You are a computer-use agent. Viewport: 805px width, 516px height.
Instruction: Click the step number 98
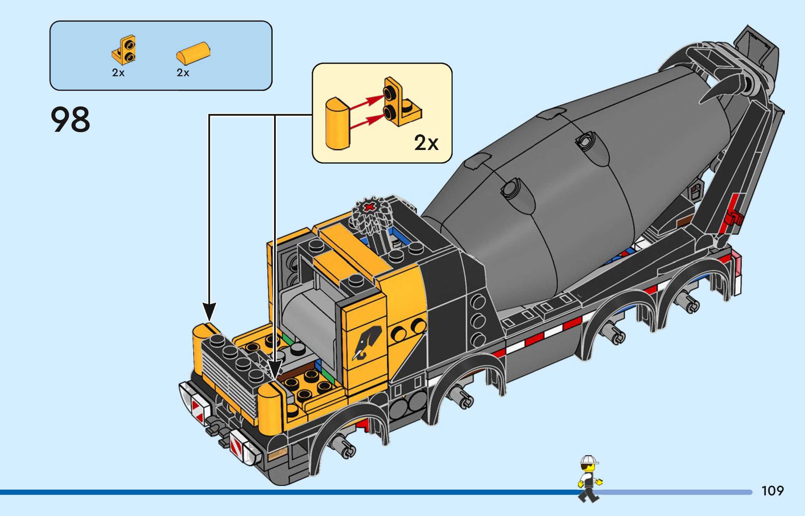pos(71,120)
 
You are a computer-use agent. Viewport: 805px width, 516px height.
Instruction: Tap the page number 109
pos(772,491)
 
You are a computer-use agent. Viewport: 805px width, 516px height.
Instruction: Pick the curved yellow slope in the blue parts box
pos(193,53)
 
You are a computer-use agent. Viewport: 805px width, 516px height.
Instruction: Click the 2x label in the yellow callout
pos(426,143)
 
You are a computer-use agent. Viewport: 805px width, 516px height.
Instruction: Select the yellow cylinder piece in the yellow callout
pos(337,124)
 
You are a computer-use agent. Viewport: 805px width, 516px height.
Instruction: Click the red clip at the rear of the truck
pos(733,218)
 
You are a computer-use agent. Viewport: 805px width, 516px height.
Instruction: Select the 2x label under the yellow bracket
pos(118,73)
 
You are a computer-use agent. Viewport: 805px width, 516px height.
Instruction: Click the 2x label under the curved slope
pos(183,73)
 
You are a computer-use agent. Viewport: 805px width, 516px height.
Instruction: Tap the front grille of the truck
pos(229,385)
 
